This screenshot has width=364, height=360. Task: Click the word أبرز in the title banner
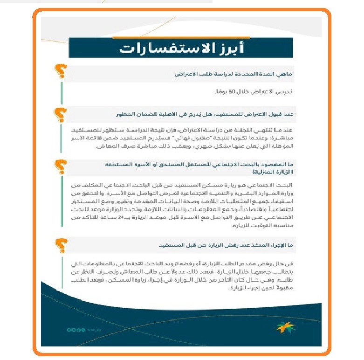[229, 48]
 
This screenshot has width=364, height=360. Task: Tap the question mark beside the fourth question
[61, 243]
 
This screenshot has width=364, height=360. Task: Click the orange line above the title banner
[181, 37]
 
